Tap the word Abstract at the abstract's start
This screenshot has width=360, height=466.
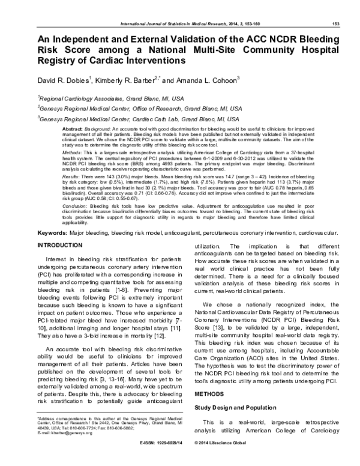coord(73,129)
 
